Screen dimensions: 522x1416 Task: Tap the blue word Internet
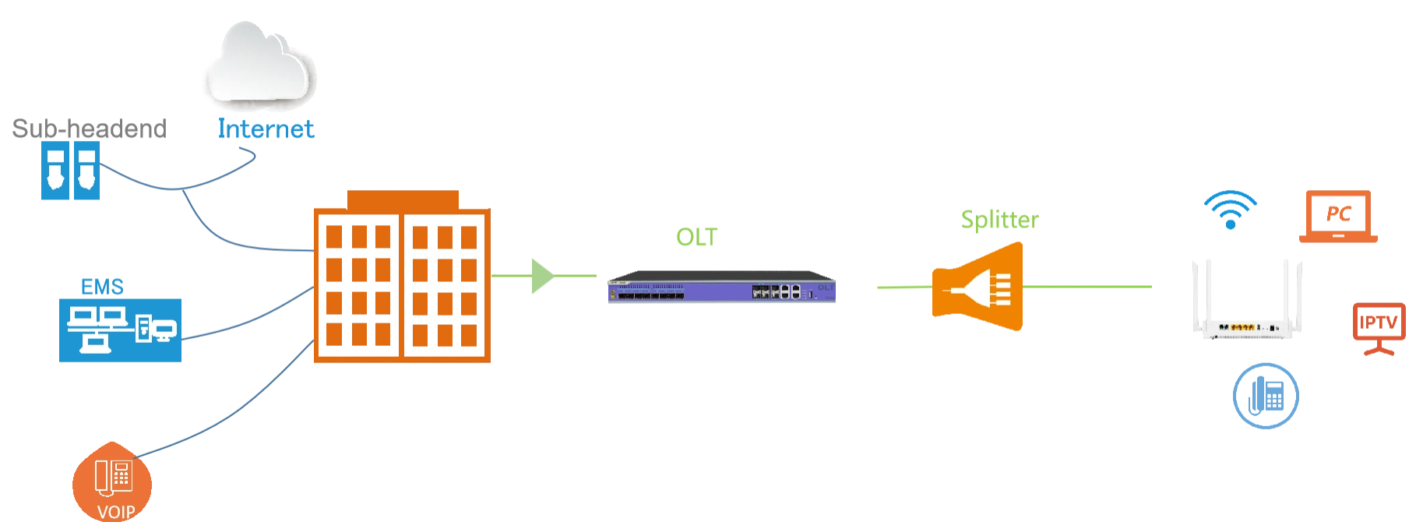pos(266,129)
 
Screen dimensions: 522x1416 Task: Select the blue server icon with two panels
pos(69,172)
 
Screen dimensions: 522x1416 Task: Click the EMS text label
pos(102,285)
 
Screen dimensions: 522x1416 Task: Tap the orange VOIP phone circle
pos(112,482)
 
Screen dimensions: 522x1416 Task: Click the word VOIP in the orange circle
pos(116,512)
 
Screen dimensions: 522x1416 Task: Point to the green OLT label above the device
pos(697,237)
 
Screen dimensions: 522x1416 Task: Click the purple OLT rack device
pos(722,289)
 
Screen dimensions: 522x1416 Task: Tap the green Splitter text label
pos(999,219)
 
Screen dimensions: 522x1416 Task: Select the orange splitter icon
pos(978,288)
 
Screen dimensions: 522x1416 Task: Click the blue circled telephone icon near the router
pos(1266,396)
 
